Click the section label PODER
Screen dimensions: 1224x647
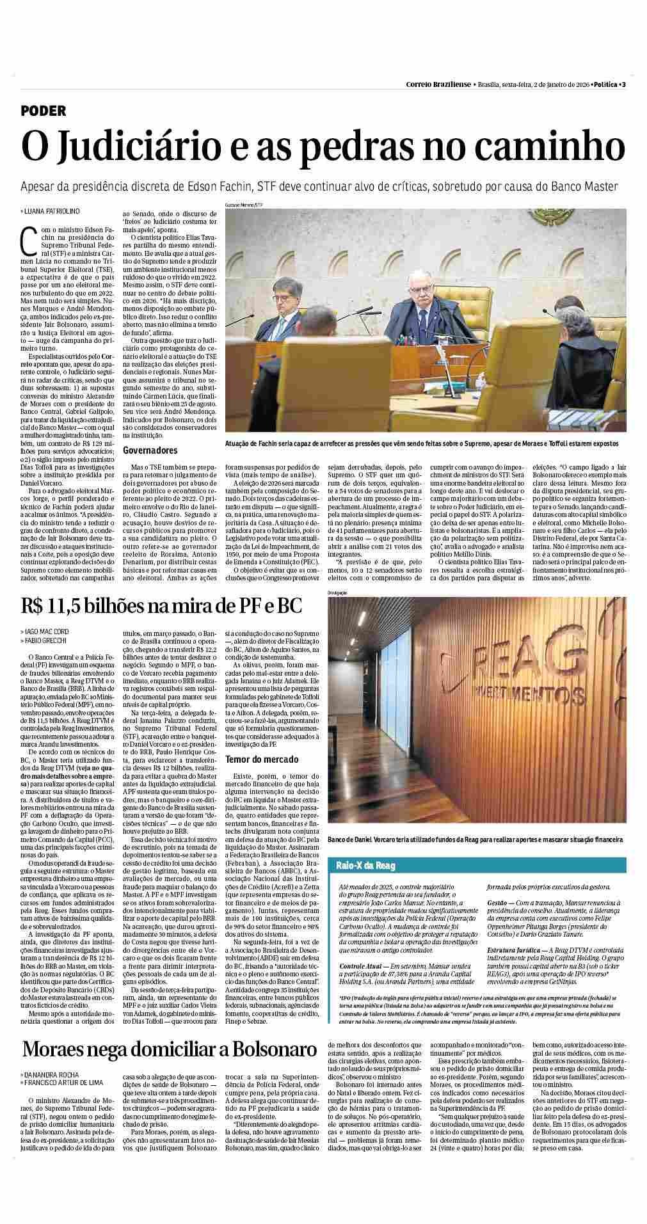(44, 111)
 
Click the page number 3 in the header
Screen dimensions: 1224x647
(623, 84)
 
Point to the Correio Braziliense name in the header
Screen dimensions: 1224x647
(438, 84)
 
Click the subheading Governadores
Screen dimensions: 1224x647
(150, 450)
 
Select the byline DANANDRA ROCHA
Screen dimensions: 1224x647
(51, 1075)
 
